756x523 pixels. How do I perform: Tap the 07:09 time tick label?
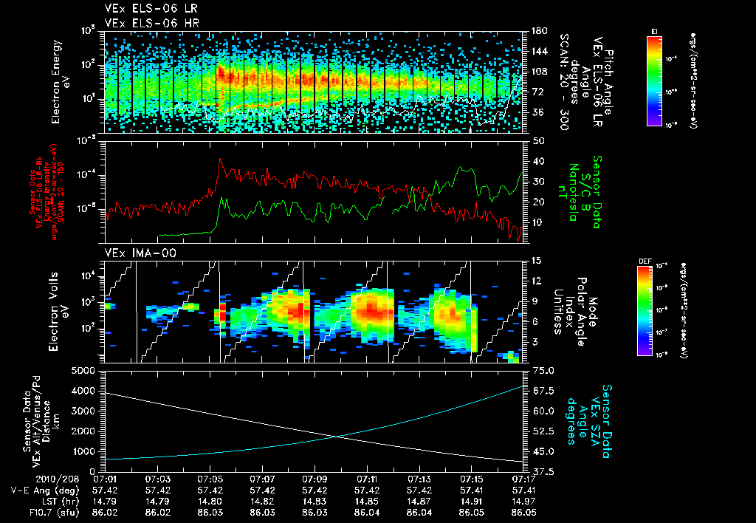click(x=315, y=479)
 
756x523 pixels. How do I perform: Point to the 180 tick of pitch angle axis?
click(x=538, y=31)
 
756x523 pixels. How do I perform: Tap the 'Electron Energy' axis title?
click(x=55, y=81)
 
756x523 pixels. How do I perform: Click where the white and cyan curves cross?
click(x=337, y=436)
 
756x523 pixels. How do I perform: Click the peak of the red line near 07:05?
click(x=220, y=158)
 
